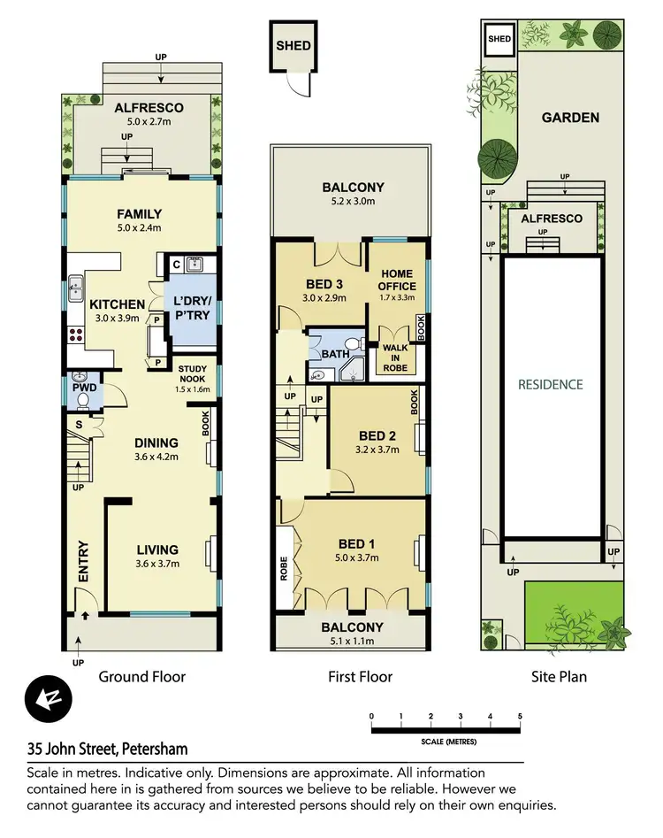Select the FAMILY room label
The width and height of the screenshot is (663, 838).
pos(140,213)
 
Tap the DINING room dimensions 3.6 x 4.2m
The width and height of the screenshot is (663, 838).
pos(156,457)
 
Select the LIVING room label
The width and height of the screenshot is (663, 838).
pos(157,550)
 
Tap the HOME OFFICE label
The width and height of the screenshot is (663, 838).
pos(390,280)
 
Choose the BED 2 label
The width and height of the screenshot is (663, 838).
pos(377,435)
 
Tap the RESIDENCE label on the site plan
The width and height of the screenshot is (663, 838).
pos(551,384)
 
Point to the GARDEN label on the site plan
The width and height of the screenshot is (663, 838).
pos(570,117)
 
